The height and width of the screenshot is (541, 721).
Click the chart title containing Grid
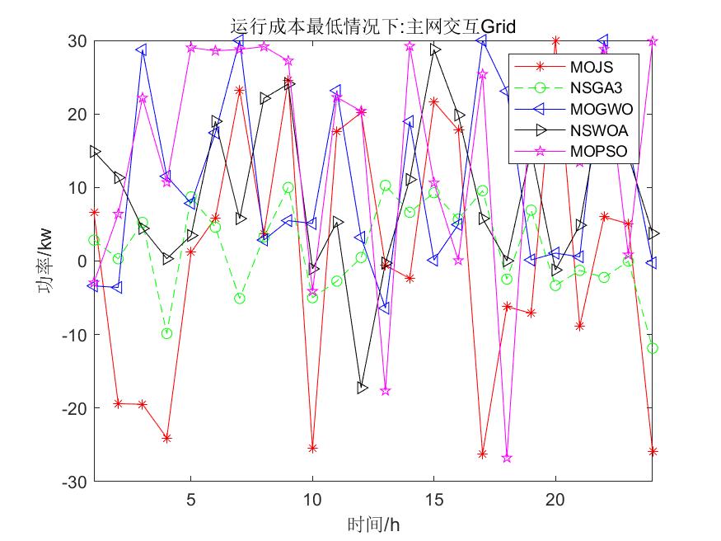[x=373, y=27]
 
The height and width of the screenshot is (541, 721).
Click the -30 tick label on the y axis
[x=76, y=481]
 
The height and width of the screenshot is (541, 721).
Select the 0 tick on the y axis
[x=82, y=261]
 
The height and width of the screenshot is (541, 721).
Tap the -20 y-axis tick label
[x=76, y=407]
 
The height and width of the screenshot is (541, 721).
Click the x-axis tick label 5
[x=191, y=499]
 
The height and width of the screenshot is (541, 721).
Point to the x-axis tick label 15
[x=434, y=499]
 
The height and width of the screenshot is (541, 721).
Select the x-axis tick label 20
[x=556, y=499]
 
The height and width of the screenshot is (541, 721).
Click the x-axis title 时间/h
[x=373, y=523]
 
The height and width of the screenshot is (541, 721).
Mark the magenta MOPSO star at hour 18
[x=507, y=458]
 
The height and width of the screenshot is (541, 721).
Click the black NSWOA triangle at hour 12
[x=362, y=388]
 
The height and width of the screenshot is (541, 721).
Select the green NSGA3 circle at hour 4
[x=167, y=333]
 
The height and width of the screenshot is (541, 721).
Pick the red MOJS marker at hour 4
[x=167, y=438]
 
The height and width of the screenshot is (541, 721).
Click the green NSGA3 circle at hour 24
[x=653, y=348]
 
